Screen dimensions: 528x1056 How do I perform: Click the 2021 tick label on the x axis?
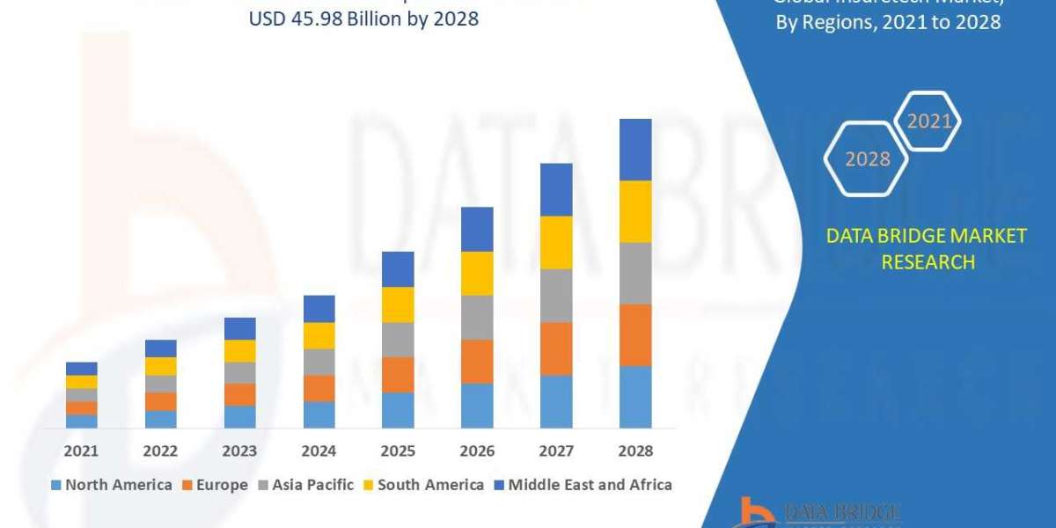tap(81, 451)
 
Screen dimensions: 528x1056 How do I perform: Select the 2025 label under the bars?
tap(398, 451)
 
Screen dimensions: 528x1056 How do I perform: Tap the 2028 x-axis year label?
tap(635, 451)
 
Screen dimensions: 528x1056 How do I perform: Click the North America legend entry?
tap(112, 484)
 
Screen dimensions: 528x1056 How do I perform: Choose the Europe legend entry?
tap(216, 484)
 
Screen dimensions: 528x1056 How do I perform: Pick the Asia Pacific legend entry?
tap(305, 484)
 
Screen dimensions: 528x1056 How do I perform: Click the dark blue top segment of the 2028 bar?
tap(635, 150)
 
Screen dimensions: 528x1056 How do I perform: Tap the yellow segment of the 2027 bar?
tap(556, 242)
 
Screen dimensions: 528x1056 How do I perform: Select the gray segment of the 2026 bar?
tap(477, 317)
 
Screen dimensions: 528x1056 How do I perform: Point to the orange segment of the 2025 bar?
tap(398, 374)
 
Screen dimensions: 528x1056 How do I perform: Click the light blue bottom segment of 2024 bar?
tap(319, 414)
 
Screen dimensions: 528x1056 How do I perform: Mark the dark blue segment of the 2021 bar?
tap(81, 368)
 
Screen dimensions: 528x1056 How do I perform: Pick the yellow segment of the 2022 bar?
tap(160, 366)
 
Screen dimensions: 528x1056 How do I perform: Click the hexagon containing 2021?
tap(928, 121)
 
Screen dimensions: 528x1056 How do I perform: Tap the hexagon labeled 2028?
tap(866, 158)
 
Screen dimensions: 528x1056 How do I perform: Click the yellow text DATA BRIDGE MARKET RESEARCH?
tap(927, 248)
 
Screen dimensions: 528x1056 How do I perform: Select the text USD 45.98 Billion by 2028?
tap(364, 18)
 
